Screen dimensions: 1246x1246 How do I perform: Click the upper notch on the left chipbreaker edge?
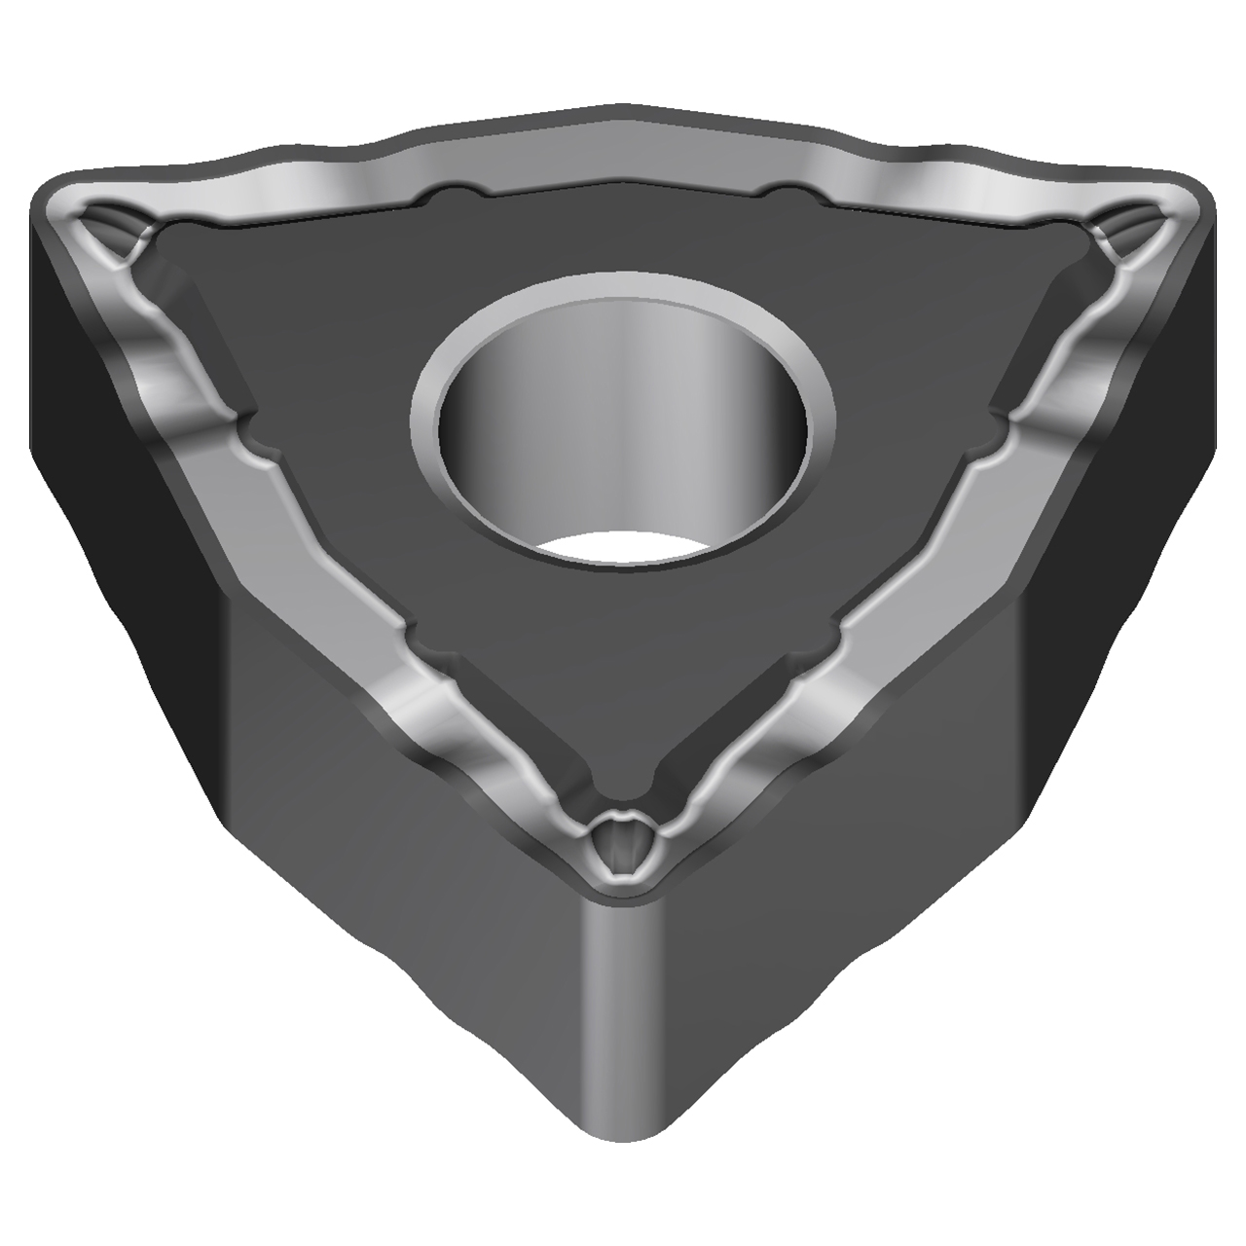tap(248, 435)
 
